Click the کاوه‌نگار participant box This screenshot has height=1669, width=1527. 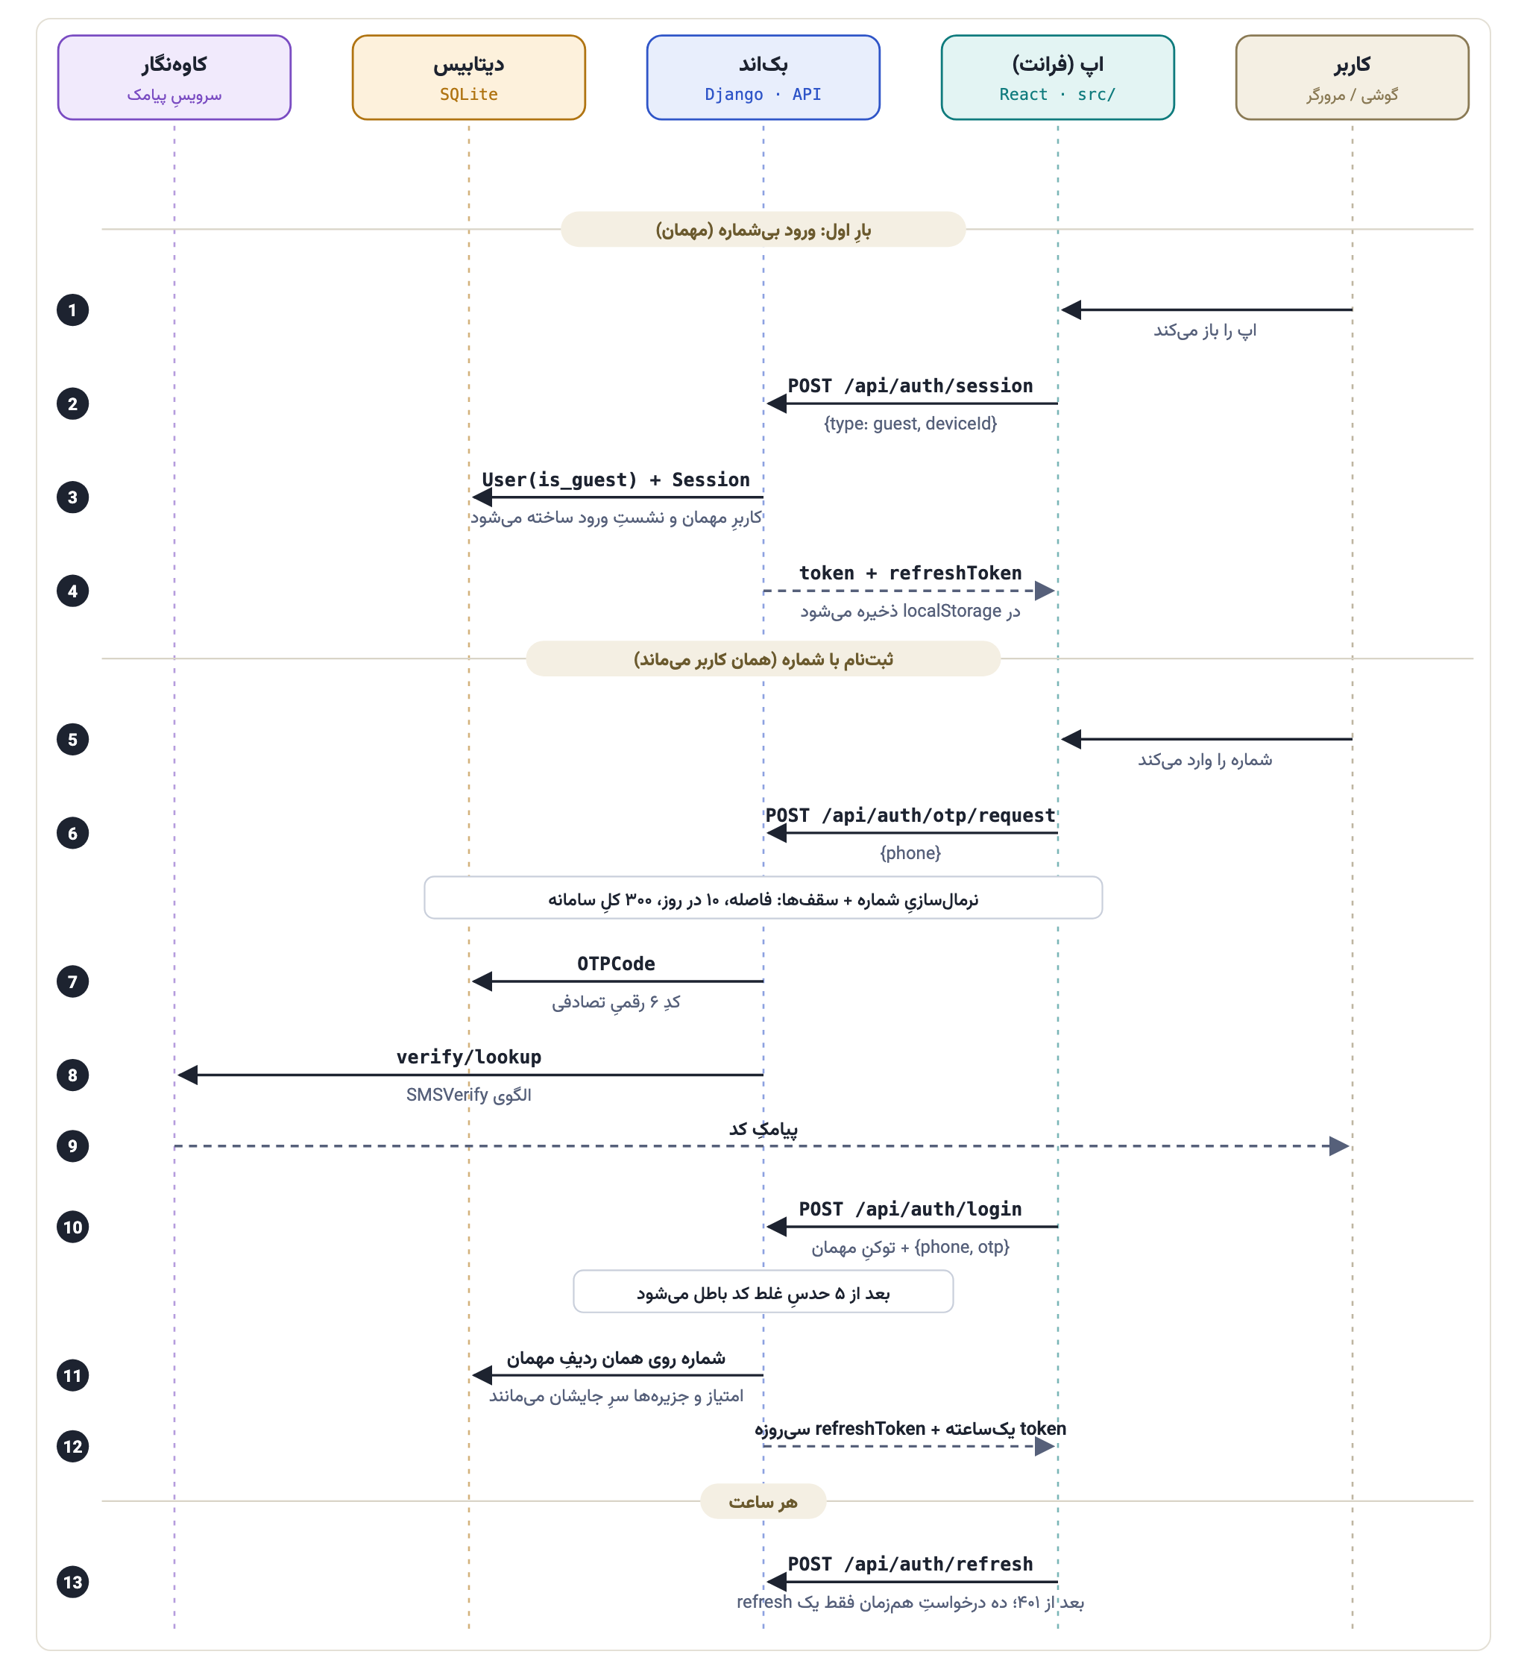[174, 77]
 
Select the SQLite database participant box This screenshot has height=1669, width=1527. [468, 77]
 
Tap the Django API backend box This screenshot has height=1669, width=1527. [763, 77]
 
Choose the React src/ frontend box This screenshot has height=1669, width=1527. [1058, 77]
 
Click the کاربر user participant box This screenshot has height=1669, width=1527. [1353, 77]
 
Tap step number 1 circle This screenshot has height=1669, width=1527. [73, 310]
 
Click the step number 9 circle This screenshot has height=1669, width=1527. [73, 1147]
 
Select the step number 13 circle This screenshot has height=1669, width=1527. [73, 1583]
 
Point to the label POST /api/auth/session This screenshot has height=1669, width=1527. [910, 386]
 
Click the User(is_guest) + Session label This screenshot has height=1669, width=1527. [616, 480]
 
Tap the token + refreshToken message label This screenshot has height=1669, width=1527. [910, 573]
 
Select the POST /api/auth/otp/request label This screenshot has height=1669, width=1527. [910, 815]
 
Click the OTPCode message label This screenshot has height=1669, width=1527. [616, 964]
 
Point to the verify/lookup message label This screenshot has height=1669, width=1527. [468, 1057]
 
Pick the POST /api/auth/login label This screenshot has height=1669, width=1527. [910, 1210]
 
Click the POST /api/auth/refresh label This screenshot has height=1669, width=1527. [910, 1565]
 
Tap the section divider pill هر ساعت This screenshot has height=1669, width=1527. [763, 1502]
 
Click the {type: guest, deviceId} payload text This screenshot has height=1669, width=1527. [910, 424]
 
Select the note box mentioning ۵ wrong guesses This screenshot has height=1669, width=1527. [763, 1292]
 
